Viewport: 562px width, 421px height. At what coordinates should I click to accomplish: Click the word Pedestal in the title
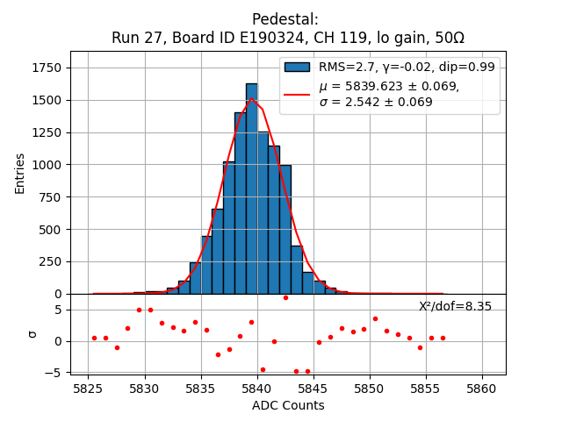coord(285,19)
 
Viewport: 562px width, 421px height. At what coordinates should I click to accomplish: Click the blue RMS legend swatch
coord(297,67)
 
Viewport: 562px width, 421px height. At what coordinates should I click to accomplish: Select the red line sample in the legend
coord(297,94)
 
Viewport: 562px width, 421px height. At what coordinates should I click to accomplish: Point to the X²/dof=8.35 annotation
coord(455,306)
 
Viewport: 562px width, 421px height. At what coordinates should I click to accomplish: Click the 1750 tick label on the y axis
coord(48,68)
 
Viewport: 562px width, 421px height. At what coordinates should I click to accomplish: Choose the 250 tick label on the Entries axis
coord(52,261)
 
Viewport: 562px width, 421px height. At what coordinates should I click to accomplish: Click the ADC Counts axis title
coord(288,405)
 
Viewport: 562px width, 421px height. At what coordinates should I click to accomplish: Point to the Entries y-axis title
coord(20,173)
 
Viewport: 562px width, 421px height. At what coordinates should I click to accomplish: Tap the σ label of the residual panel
coord(32,333)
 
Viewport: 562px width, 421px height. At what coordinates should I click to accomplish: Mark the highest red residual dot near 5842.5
coord(285,297)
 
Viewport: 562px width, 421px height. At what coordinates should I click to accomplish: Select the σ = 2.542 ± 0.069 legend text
coord(375,102)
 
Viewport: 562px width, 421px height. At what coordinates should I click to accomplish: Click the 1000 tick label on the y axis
coord(48,165)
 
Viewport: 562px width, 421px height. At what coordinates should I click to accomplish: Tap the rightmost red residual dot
coord(443,338)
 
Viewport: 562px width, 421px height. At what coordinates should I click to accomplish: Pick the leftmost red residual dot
coord(94,338)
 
